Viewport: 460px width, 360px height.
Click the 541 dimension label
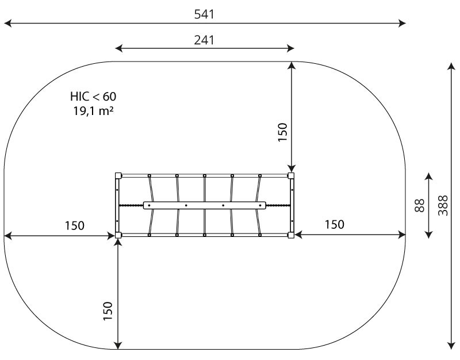pos(204,14)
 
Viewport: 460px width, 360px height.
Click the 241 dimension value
pos(204,40)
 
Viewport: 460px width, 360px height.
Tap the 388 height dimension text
pos(443,205)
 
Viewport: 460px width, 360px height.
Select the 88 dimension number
pos(420,205)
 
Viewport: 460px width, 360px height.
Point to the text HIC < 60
pos(93,96)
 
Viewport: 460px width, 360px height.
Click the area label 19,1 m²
pos(93,111)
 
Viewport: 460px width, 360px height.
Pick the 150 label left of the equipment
pos(75,225)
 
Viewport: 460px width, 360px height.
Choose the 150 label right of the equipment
pos(335,225)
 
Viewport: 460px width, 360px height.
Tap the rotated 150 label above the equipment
pos(282,132)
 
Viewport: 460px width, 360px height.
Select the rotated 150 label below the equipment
pos(108,311)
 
